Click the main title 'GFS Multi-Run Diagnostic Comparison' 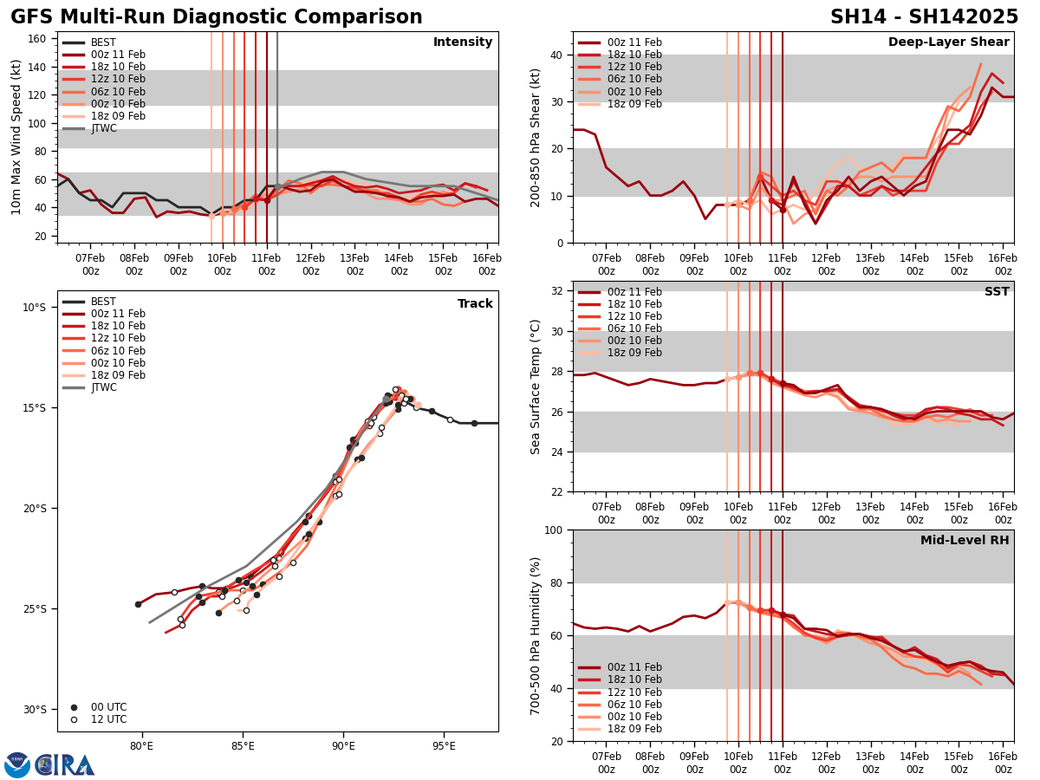tap(217, 17)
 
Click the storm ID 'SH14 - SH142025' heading tap(924, 17)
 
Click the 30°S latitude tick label tap(34, 709)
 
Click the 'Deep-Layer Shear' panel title tap(948, 42)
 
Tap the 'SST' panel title tap(996, 292)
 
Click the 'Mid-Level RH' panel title tap(965, 541)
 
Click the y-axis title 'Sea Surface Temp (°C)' tap(536, 387)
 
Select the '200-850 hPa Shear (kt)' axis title tap(536, 137)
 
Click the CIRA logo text tap(65, 765)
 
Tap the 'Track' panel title tap(475, 304)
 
